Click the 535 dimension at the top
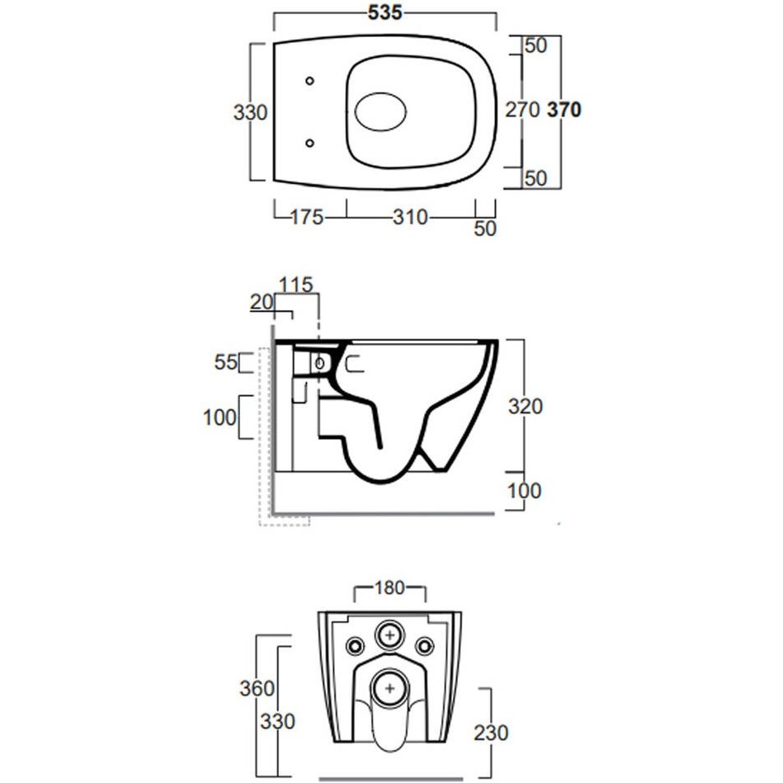384,13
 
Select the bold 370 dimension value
564,110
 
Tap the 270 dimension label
522,110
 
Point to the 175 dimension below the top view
307,217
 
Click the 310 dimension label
410,217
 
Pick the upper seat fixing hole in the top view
309,80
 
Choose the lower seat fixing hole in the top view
309,144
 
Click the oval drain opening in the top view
380,112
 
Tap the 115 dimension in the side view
295,285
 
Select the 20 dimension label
262,302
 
